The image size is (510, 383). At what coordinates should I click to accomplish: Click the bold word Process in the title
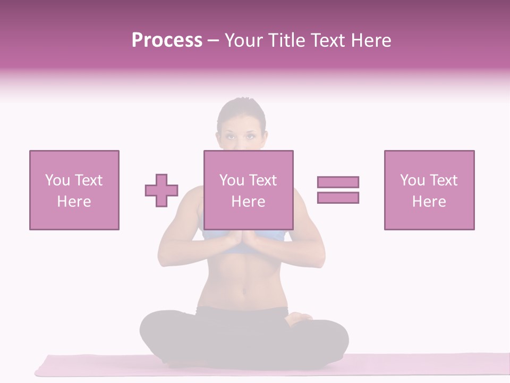(x=167, y=40)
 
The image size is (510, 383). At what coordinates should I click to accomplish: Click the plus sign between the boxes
(x=161, y=190)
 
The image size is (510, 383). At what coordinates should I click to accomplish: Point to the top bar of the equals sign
(x=338, y=182)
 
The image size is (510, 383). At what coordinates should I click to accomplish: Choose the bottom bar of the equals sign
(x=338, y=197)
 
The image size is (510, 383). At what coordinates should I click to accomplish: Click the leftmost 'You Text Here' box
(x=74, y=190)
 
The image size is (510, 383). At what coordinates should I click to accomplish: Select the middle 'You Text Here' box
(x=248, y=190)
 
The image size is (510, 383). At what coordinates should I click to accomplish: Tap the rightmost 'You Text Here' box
(x=429, y=190)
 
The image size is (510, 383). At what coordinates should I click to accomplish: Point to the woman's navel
(x=244, y=291)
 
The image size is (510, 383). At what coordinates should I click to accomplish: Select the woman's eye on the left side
(x=231, y=136)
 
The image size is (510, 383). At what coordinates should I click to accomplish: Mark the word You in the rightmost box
(x=412, y=180)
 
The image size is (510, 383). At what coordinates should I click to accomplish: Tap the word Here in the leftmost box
(x=74, y=202)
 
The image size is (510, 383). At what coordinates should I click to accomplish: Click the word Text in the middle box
(x=263, y=180)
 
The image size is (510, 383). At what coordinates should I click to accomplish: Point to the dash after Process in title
(x=214, y=40)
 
